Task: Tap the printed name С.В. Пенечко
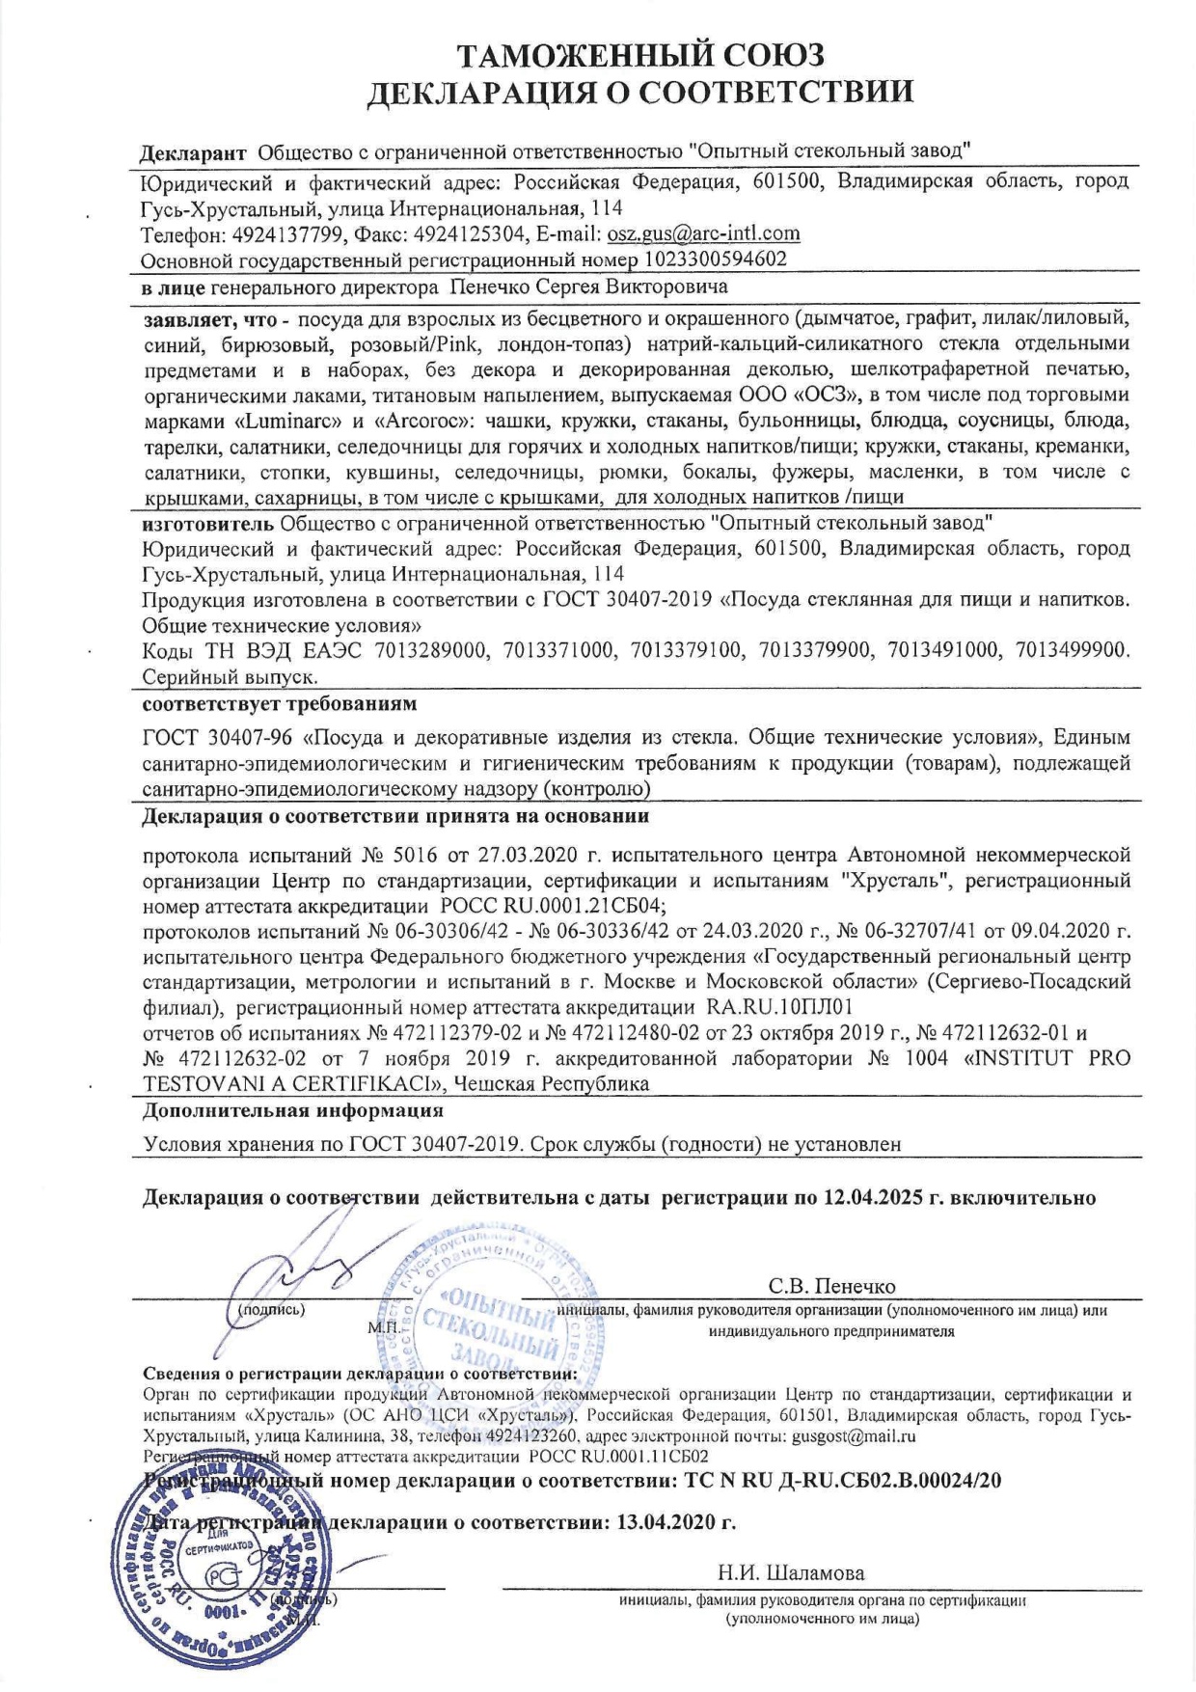pos(831,1286)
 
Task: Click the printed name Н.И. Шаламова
pos(790,1573)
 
